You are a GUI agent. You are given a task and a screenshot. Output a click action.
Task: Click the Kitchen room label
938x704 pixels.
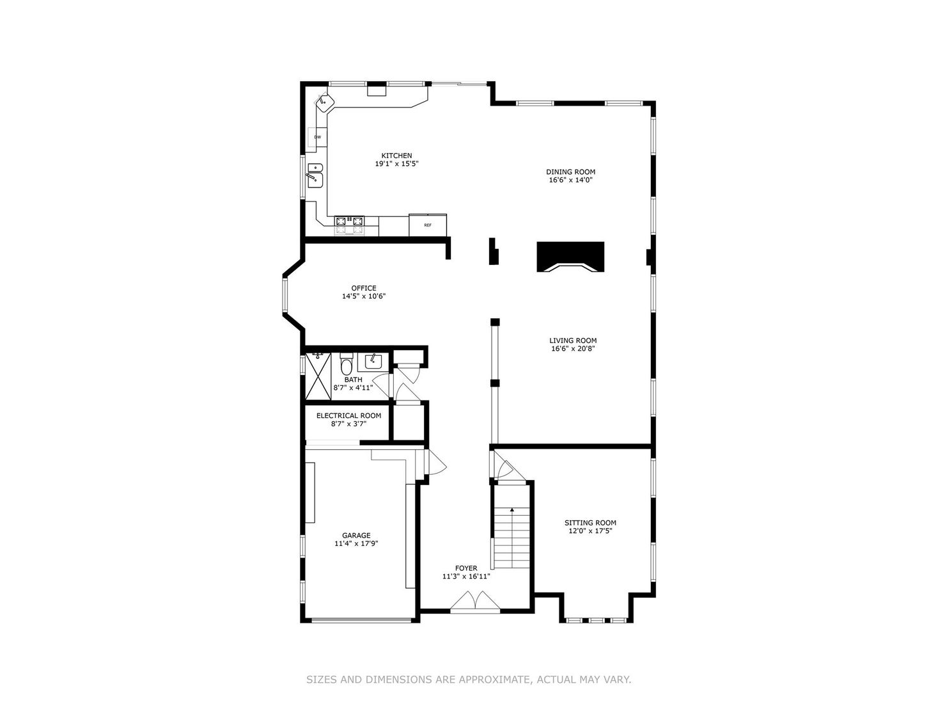point(396,156)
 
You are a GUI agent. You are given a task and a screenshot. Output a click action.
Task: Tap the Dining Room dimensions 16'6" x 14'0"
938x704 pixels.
point(570,180)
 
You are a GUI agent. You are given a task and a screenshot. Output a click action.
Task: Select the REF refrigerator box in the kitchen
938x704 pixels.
point(428,225)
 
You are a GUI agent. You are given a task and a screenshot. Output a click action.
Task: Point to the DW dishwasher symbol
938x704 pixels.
point(317,137)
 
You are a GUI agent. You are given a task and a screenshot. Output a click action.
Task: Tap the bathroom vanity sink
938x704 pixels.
point(371,362)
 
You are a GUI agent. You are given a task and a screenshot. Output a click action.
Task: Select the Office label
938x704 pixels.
point(363,288)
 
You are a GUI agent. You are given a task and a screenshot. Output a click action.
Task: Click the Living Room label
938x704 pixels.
point(573,340)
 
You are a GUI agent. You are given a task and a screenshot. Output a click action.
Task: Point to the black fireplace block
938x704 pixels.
point(570,257)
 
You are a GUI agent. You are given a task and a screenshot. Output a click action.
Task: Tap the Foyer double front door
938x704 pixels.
point(473,602)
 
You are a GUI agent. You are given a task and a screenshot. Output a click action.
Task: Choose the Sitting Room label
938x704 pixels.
point(590,522)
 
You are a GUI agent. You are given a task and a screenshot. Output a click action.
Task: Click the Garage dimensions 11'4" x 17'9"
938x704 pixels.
point(356,544)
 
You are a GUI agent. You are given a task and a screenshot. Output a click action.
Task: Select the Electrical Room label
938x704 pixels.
point(348,415)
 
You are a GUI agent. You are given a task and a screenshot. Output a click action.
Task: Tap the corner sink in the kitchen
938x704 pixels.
point(325,101)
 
